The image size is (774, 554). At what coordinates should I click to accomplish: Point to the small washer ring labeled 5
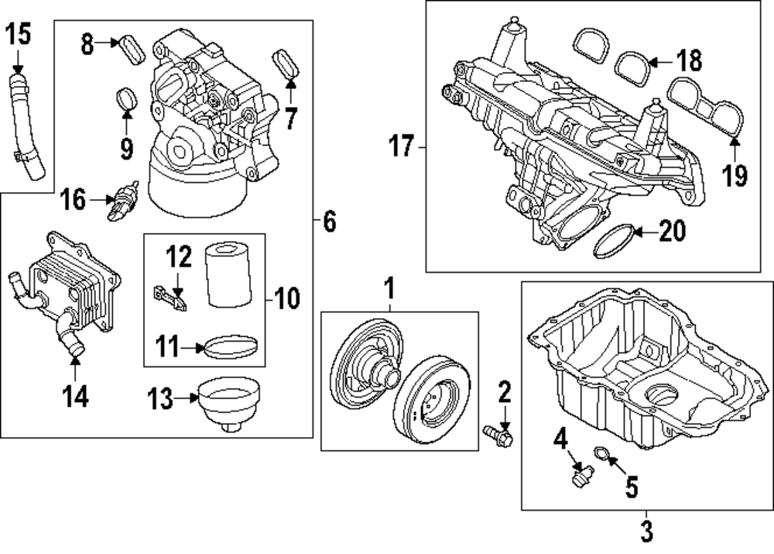[601, 456]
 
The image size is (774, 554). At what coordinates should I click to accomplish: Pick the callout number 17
[402, 146]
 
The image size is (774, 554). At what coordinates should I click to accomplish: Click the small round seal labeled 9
[126, 100]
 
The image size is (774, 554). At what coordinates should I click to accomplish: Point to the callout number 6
[329, 223]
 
